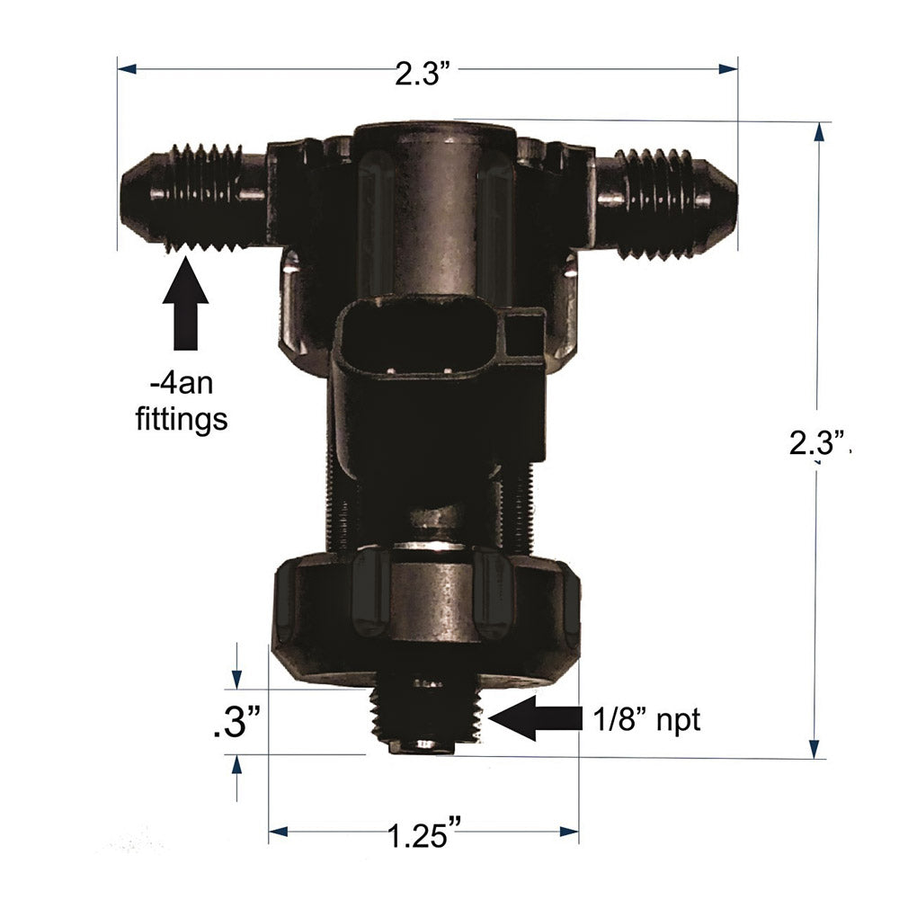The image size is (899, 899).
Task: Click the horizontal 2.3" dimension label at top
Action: pos(422,73)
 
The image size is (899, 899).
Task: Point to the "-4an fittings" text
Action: pos(188,404)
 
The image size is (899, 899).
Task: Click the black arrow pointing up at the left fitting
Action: pos(186,302)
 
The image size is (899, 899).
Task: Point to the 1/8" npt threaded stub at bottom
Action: pos(427,719)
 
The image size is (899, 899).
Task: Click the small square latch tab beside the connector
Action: pos(522,334)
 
